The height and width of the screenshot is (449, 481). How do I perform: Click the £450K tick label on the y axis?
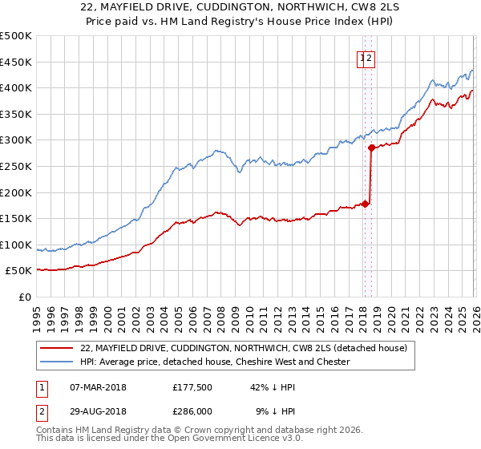(x=16, y=62)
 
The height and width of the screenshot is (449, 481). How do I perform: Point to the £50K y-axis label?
(x=18, y=271)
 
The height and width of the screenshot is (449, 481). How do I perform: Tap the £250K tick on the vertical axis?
(x=16, y=166)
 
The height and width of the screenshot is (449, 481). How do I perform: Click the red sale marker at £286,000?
(x=371, y=148)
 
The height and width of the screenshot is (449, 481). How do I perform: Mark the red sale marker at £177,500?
(x=365, y=204)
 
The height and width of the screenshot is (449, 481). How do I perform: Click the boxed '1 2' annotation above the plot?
(x=366, y=58)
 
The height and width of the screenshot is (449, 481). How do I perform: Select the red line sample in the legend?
(x=57, y=349)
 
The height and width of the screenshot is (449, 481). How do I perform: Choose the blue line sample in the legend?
(x=57, y=362)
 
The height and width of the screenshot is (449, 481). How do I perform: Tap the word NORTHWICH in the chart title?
(x=301, y=8)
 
